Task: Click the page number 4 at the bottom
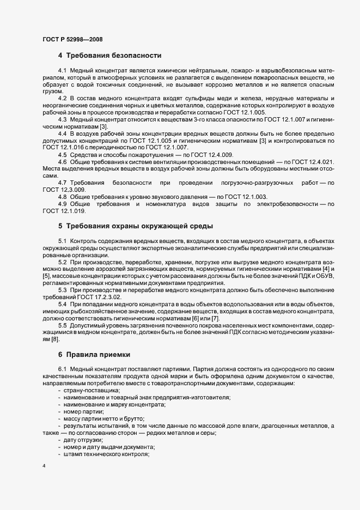[x=44, y=466]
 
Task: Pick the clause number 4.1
[x=62, y=72]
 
